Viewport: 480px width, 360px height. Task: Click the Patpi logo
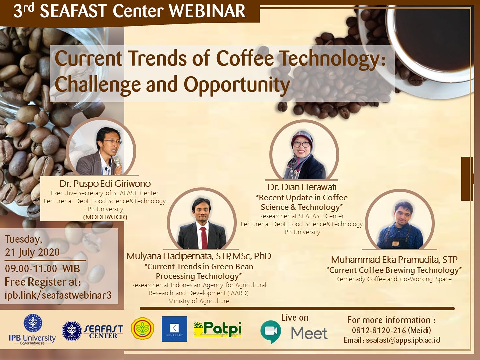coord(217,329)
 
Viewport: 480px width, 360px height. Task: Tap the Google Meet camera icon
coord(271,331)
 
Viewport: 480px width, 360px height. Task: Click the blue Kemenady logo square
coord(174,329)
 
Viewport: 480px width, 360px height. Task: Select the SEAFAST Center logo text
coord(103,331)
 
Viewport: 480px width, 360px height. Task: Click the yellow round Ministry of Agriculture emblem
coord(142,329)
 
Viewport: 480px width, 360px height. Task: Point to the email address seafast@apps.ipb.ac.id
coord(403,340)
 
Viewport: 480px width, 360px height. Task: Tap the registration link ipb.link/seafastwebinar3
coord(58,295)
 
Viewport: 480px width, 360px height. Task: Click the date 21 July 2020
coord(32,252)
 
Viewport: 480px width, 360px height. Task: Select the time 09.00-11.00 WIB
coord(42,269)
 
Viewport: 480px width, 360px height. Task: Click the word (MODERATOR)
coord(105,217)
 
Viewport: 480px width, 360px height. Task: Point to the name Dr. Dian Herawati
coord(302,187)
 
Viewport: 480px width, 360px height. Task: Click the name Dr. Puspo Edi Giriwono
coord(105,183)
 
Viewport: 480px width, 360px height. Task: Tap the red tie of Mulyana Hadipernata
coord(204,237)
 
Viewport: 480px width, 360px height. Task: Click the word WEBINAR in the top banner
coord(207,11)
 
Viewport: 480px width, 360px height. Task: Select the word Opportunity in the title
coord(237,85)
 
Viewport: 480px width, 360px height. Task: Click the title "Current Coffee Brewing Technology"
coord(394,270)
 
